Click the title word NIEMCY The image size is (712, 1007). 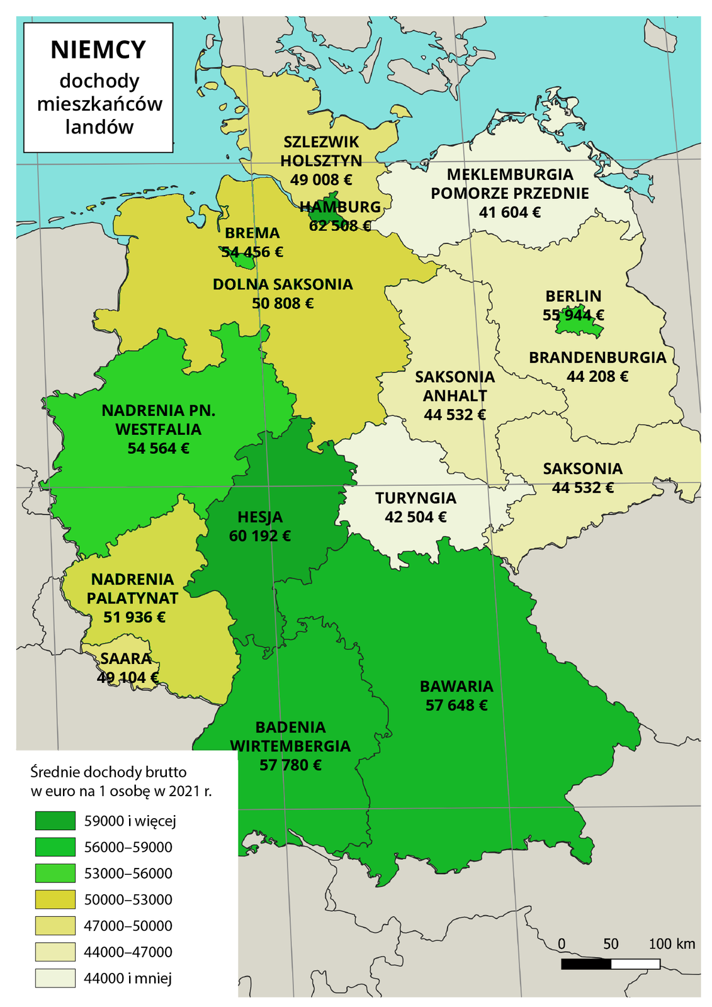coord(98,50)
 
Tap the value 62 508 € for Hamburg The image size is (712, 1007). coord(340,226)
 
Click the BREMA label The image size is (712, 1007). coord(252,233)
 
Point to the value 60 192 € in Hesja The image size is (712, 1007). coord(260,536)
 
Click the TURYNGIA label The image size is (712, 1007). coord(415,498)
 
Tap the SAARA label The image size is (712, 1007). coord(126,659)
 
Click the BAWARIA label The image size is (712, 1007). coord(456,686)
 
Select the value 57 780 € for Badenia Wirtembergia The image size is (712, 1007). coord(290,765)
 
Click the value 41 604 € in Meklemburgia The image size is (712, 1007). coord(509,213)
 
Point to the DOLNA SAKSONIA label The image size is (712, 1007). coord(283,284)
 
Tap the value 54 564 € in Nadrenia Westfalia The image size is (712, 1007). coord(158,449)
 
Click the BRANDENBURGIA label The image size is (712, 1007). coord(597,357)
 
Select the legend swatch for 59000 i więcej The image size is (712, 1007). coord(55,821)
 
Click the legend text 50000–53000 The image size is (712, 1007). coord(128,900)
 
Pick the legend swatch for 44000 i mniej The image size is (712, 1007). coord(55,978)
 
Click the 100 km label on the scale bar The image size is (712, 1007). coord(672,944)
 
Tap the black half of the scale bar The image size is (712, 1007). coord(585,964)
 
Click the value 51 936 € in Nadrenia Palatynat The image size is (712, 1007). coord(134,617)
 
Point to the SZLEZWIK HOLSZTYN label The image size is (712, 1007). coord(321,151)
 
